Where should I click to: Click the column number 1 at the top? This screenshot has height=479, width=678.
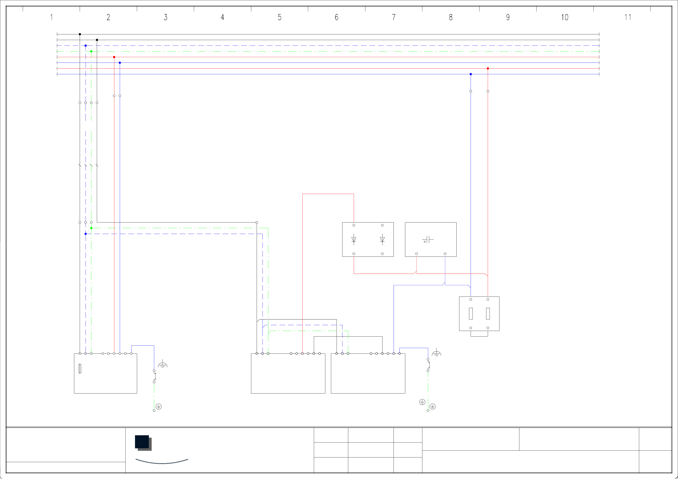(51, 18)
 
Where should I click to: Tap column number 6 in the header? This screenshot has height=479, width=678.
(336, 18)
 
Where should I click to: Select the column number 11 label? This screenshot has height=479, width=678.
(627, 18)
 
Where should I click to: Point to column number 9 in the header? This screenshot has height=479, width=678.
(508, 18)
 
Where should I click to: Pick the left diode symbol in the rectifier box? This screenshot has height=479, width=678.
(354, 239)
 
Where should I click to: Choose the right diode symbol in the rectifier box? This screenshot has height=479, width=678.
(382, 239)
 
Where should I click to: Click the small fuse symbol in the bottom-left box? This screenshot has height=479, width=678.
(80, 369)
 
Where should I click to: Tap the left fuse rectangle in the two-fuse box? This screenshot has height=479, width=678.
(471, 313)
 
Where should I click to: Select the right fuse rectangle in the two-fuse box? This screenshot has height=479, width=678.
(488, 313)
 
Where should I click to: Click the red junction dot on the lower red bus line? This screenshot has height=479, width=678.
(488, 68)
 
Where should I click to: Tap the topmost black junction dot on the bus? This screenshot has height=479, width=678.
(80, 34)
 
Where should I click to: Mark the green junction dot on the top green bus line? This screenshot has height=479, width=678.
(91, 51)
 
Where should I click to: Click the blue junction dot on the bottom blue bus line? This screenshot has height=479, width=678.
(471, 74)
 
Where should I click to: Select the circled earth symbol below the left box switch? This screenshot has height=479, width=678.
(159, 407)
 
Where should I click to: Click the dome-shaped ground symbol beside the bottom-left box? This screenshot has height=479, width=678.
(162, 365)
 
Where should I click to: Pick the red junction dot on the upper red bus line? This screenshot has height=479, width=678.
(114, 57)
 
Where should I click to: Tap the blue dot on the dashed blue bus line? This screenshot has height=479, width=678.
(86, 46)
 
